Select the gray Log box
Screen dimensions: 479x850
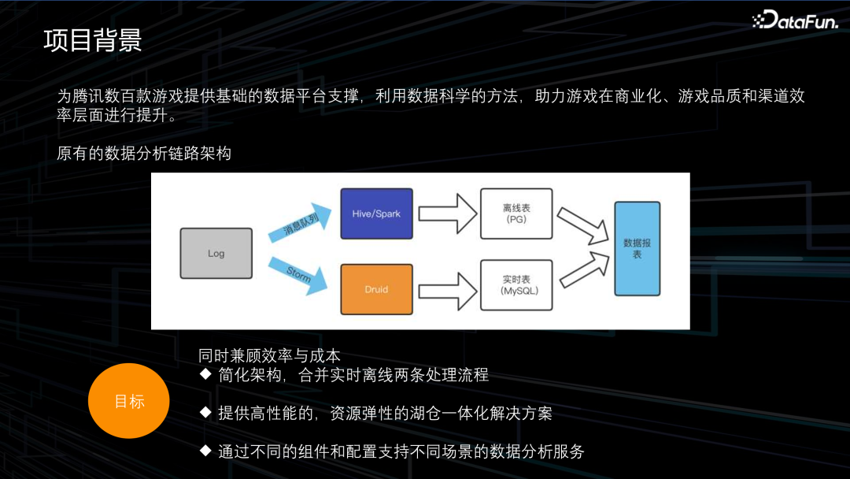216,253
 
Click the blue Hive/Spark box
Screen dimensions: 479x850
376,214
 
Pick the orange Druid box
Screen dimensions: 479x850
376,289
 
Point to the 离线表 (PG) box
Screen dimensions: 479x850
516,214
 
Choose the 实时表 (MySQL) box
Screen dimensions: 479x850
516,285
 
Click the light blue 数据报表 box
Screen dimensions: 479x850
637,248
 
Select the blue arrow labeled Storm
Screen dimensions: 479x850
297,273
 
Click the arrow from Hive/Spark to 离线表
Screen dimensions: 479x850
446,214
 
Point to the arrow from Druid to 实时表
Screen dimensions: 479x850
446,290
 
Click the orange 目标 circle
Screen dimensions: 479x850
129,401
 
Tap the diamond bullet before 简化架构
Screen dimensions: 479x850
205,373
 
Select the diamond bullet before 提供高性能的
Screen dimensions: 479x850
205,412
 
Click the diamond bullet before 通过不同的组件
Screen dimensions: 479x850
205,451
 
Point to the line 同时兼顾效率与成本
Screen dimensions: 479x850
269,356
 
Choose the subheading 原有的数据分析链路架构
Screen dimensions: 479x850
144,154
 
